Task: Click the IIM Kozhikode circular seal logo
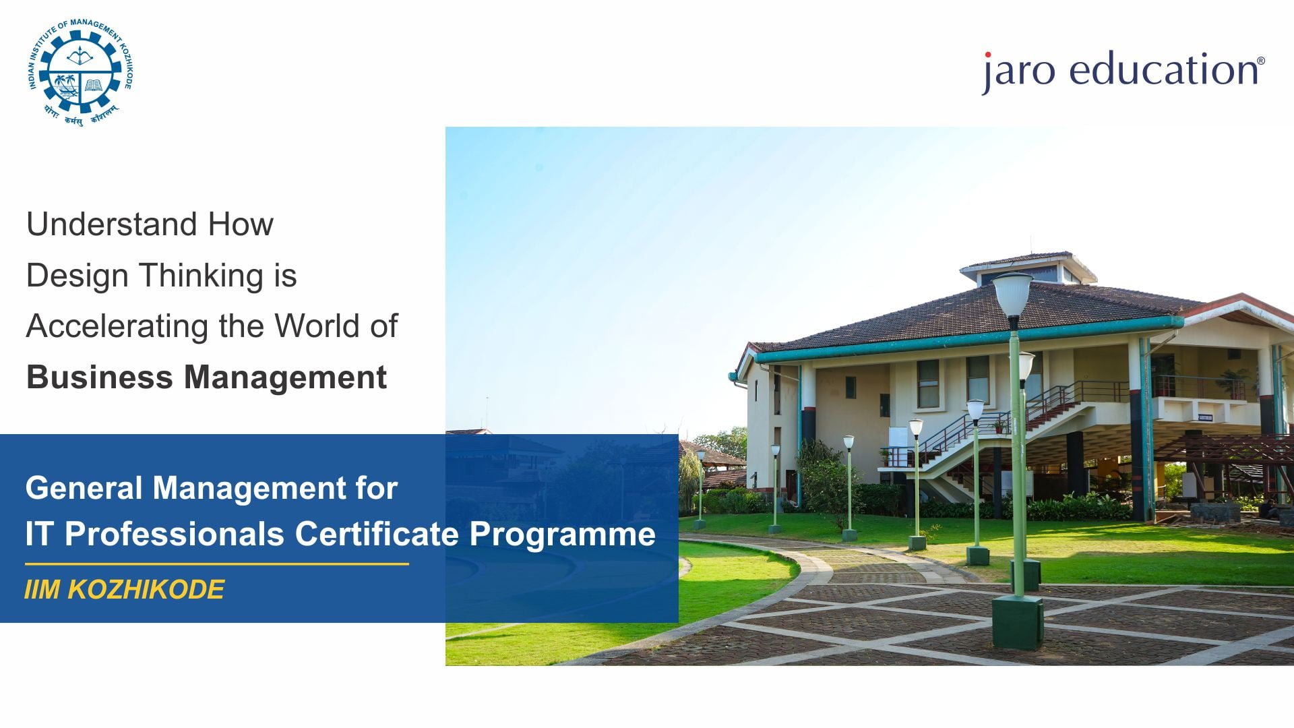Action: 81,73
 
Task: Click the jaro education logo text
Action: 1123,72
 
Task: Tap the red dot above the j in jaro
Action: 988,55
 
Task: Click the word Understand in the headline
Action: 113,224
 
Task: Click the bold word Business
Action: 100,377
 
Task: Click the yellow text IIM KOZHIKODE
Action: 124,590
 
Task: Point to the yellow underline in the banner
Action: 217,564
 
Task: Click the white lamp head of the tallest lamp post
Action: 1012,294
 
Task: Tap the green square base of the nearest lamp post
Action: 1017,621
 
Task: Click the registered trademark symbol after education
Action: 1261,61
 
